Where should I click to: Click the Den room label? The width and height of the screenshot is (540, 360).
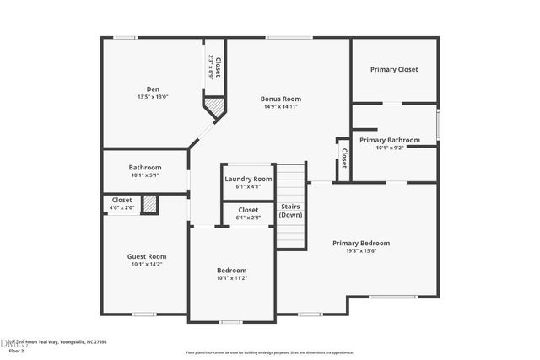(x=153, y=89)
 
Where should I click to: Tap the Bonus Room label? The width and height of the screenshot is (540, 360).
(x=280, y=99)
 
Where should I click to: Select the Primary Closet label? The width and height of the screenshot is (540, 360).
(x=394, y=69)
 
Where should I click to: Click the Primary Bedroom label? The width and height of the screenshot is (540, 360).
(x=360, y=243)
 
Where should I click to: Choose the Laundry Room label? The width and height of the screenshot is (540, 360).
(x=248, y=179)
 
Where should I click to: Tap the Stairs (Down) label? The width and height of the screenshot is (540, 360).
(x=290, y=210)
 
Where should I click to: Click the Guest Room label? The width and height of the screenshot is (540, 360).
(x=147, y=256)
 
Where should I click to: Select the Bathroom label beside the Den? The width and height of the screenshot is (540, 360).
(x=145, y=167)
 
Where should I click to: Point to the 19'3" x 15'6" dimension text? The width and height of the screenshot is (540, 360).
(x=360, y=251)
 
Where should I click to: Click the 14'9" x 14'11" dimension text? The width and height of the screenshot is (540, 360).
(x=280, y=107)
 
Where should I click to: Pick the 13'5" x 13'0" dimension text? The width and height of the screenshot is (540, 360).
(x=153, y=97)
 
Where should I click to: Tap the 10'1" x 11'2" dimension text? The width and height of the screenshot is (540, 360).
(x=231, y=278)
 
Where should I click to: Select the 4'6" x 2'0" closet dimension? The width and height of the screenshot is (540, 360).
(x=121, y=208)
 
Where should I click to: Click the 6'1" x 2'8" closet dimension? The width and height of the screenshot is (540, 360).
(x=248, y=218)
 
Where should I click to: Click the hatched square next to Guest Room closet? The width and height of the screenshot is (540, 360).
(x=150, y=204)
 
